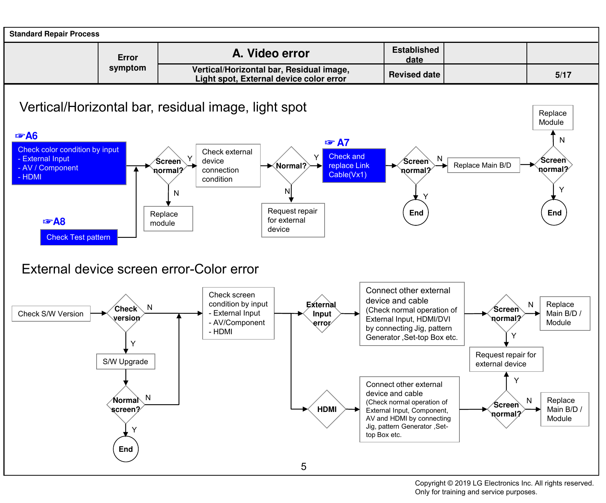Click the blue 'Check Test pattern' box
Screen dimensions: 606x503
point(79,237)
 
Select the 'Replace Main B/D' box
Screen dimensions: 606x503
point(483,165)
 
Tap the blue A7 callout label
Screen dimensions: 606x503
point(337,143)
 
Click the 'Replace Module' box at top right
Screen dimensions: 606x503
point(553,118)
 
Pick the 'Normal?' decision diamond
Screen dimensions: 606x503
point(291,165)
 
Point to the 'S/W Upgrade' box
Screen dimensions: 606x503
point(126,362)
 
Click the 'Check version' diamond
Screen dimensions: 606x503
point(126,313)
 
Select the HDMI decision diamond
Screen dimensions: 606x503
point(327,409)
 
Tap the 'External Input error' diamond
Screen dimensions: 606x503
point(322,314)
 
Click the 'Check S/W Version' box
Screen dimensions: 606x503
point(51,314)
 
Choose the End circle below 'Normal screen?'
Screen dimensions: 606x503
point(126,449)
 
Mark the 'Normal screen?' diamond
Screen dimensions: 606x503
point(126,405)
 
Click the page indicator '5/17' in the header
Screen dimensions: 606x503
point(563,75)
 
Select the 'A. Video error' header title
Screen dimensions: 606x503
point(271,53)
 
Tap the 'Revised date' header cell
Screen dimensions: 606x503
point(414,74)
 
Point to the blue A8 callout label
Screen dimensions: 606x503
point(54,222)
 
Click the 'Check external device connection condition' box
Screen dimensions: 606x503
point(228,165)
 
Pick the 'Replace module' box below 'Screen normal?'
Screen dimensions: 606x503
point(168,218)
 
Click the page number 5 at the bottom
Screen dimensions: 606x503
point(303,467)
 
